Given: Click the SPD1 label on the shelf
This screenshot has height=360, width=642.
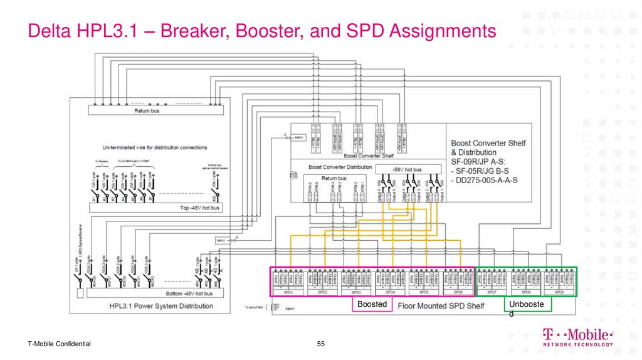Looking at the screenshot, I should (288, 293).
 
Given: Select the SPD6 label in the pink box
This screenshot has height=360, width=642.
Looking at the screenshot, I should (458, 293).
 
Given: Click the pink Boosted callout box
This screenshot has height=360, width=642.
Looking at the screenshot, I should (372, 304).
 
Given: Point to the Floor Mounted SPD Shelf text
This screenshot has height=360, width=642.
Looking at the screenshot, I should (441, 306).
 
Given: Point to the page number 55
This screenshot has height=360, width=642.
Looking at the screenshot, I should (321, 344).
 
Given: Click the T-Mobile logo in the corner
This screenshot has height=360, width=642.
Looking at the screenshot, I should (577, 337).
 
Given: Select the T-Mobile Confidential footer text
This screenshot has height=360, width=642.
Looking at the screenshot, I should (59, 344).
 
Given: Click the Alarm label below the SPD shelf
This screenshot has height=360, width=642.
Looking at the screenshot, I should (290, 309).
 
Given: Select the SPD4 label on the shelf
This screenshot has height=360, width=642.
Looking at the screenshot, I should (390, 293).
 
